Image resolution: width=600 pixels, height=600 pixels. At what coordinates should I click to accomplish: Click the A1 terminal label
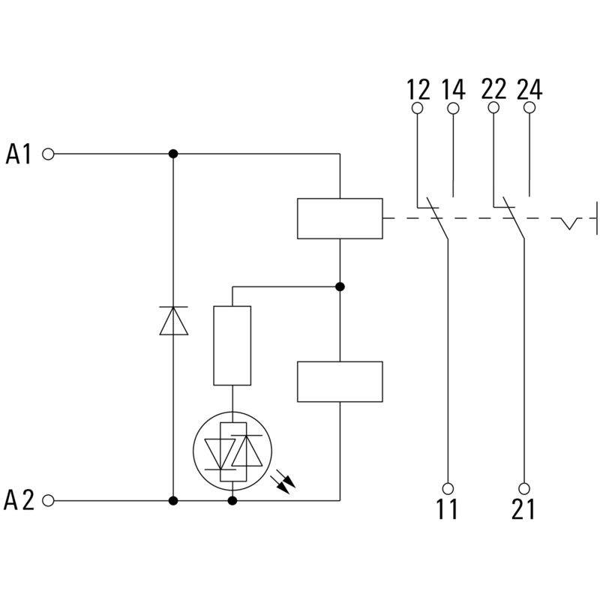[x=19, y=154]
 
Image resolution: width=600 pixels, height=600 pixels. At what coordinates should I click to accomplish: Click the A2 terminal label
[x=19, y=500]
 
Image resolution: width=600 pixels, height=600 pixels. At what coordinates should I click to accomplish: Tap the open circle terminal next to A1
[x=49, y=154]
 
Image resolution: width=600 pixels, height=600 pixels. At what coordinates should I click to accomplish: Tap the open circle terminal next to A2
[x=49, y=500]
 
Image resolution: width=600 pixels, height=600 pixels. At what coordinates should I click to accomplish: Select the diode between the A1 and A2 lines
[x=173, y=321]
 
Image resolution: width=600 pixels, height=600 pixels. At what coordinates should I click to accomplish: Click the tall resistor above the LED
[x=232, y=346]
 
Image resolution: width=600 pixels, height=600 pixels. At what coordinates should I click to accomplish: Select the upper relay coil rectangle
[x=340, y=218]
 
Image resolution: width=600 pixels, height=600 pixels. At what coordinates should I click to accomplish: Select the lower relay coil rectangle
[x=340, y=382]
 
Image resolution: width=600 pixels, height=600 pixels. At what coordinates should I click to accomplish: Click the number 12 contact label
[x=418, y=89]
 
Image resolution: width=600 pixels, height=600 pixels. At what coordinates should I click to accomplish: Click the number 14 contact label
[x=453, y=89]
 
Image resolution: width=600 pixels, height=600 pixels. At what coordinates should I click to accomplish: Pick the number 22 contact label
[x=493, y=89]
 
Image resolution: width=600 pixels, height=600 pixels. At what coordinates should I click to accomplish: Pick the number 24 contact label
[x=529, y=89]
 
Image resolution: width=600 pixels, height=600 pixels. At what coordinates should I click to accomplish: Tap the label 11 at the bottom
[x=448, y=510]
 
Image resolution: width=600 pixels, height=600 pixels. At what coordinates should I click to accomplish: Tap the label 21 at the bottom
[x=523, y=510]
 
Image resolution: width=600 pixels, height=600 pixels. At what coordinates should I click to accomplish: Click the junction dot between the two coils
[x=340, y=286]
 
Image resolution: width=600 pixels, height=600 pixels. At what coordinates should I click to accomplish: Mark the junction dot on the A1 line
[x=173, y=154]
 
